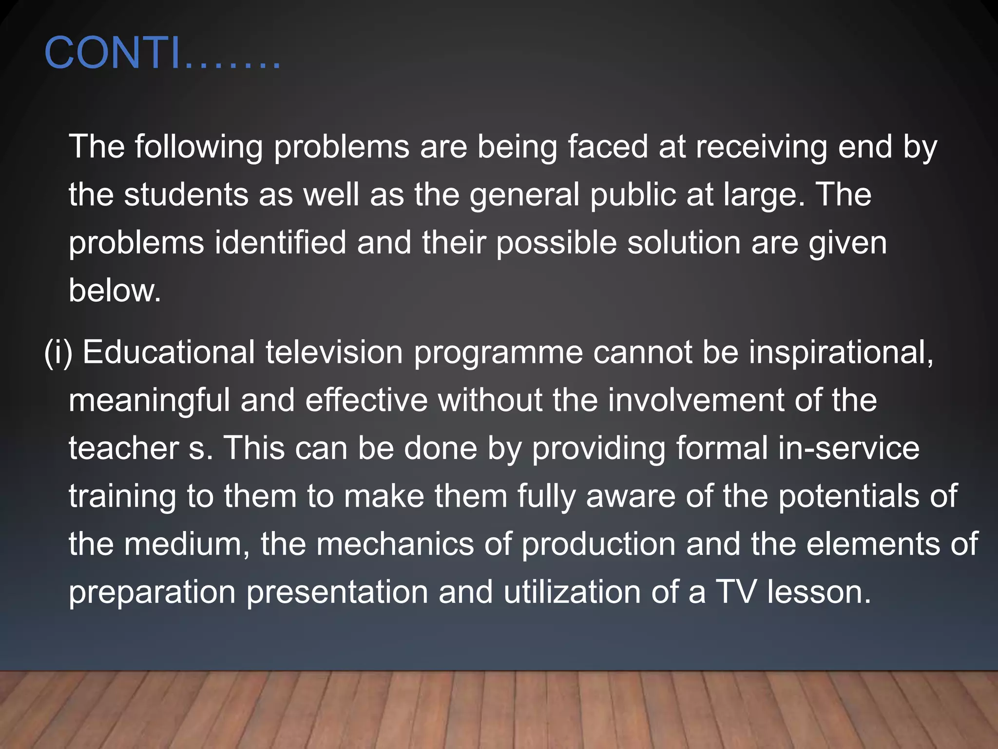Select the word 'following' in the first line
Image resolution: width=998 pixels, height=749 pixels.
[x=199, y=147]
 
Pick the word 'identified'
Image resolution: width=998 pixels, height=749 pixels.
[x=280, y=242]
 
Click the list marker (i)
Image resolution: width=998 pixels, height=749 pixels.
[x=58, y=352]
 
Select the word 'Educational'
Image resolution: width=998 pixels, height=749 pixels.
[x=169, y=352]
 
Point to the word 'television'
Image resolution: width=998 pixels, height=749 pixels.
[x=334, y=352]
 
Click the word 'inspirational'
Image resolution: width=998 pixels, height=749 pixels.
[x=838, y=352]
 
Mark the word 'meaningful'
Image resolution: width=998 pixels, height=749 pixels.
[x=149, y=400]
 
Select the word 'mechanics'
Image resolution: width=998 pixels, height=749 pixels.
[x=395, y=544]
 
